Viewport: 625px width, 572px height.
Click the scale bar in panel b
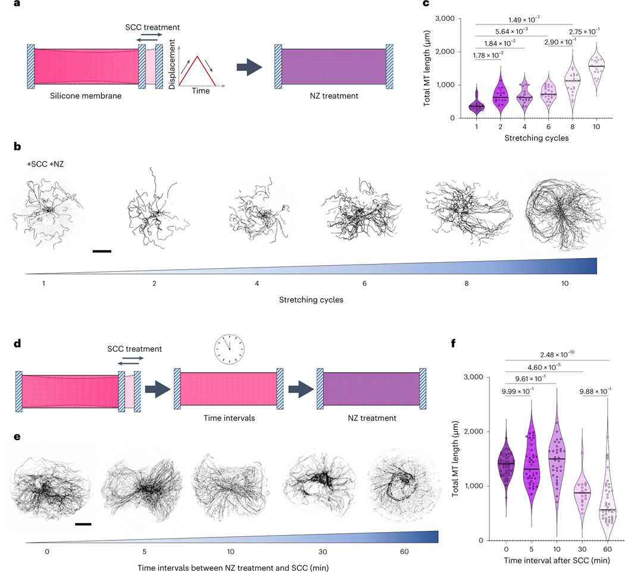coord(102,251)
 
